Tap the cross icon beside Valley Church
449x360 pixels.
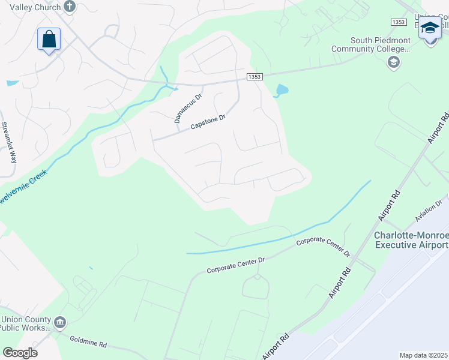70,7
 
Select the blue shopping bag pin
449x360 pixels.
49,40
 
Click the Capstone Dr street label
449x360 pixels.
208,122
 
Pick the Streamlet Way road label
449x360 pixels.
8,143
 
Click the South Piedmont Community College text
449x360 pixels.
372,44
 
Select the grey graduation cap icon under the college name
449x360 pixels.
394,62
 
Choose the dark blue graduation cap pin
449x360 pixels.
430,28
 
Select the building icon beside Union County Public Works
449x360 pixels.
60,323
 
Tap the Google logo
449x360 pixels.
20,353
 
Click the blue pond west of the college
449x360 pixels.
280,91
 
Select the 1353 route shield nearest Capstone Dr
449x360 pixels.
253,77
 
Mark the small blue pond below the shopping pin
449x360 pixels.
12,83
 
